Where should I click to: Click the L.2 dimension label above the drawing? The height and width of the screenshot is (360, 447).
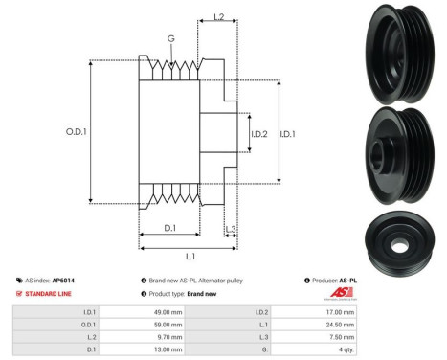[x=217, y=17]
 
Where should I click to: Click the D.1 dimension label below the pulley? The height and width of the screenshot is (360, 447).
[x=168, y=228]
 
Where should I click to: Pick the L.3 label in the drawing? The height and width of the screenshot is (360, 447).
[x=231, y=229]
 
